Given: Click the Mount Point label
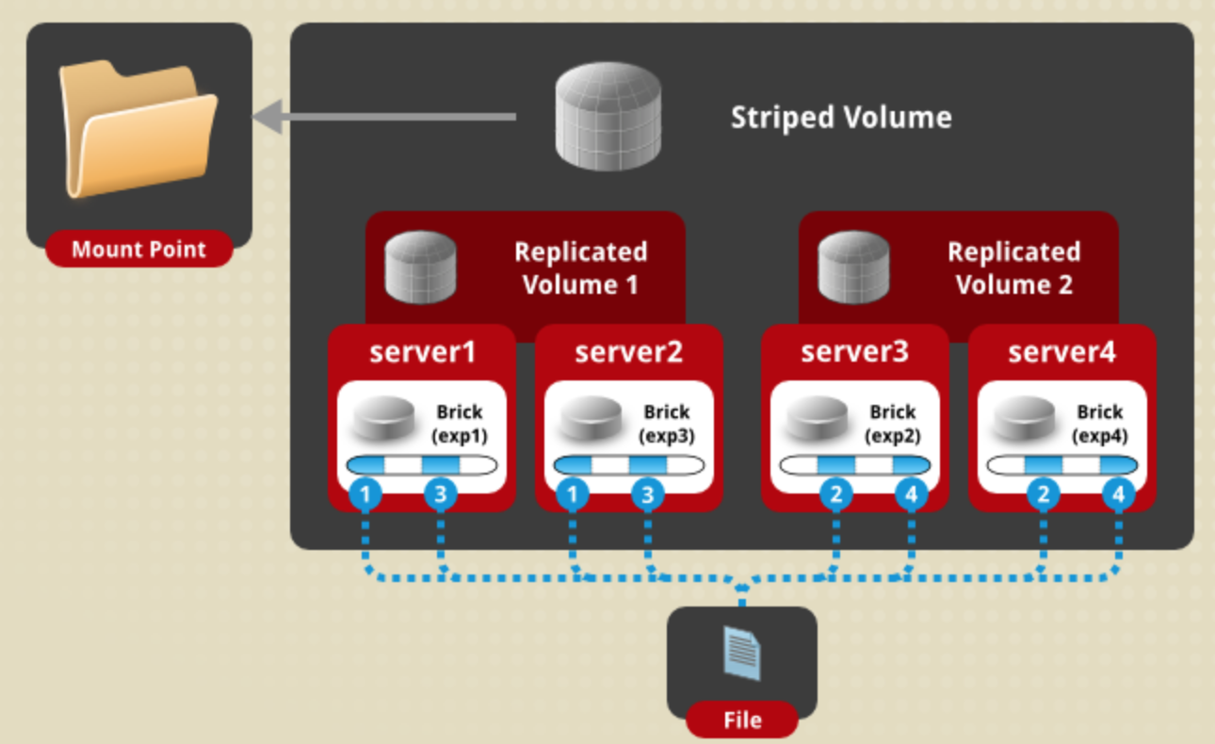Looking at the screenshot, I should pos(139,250).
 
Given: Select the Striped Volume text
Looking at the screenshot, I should pos(841,118).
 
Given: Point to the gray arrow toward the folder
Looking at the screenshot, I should pos(386,118).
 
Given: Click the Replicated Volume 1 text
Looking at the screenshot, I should pos(580,268).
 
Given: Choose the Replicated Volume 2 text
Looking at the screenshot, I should pos(1013,268).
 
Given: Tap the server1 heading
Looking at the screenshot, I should pos(422,352).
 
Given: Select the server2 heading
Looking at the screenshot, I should pos(628,352).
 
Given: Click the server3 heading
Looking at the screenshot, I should pos(854,352).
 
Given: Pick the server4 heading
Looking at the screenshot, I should pos(1061,352).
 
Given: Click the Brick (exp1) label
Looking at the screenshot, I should pos(459,424).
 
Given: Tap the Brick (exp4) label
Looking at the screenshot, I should pos(1099,424).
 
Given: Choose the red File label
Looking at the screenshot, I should pos(742,721).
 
